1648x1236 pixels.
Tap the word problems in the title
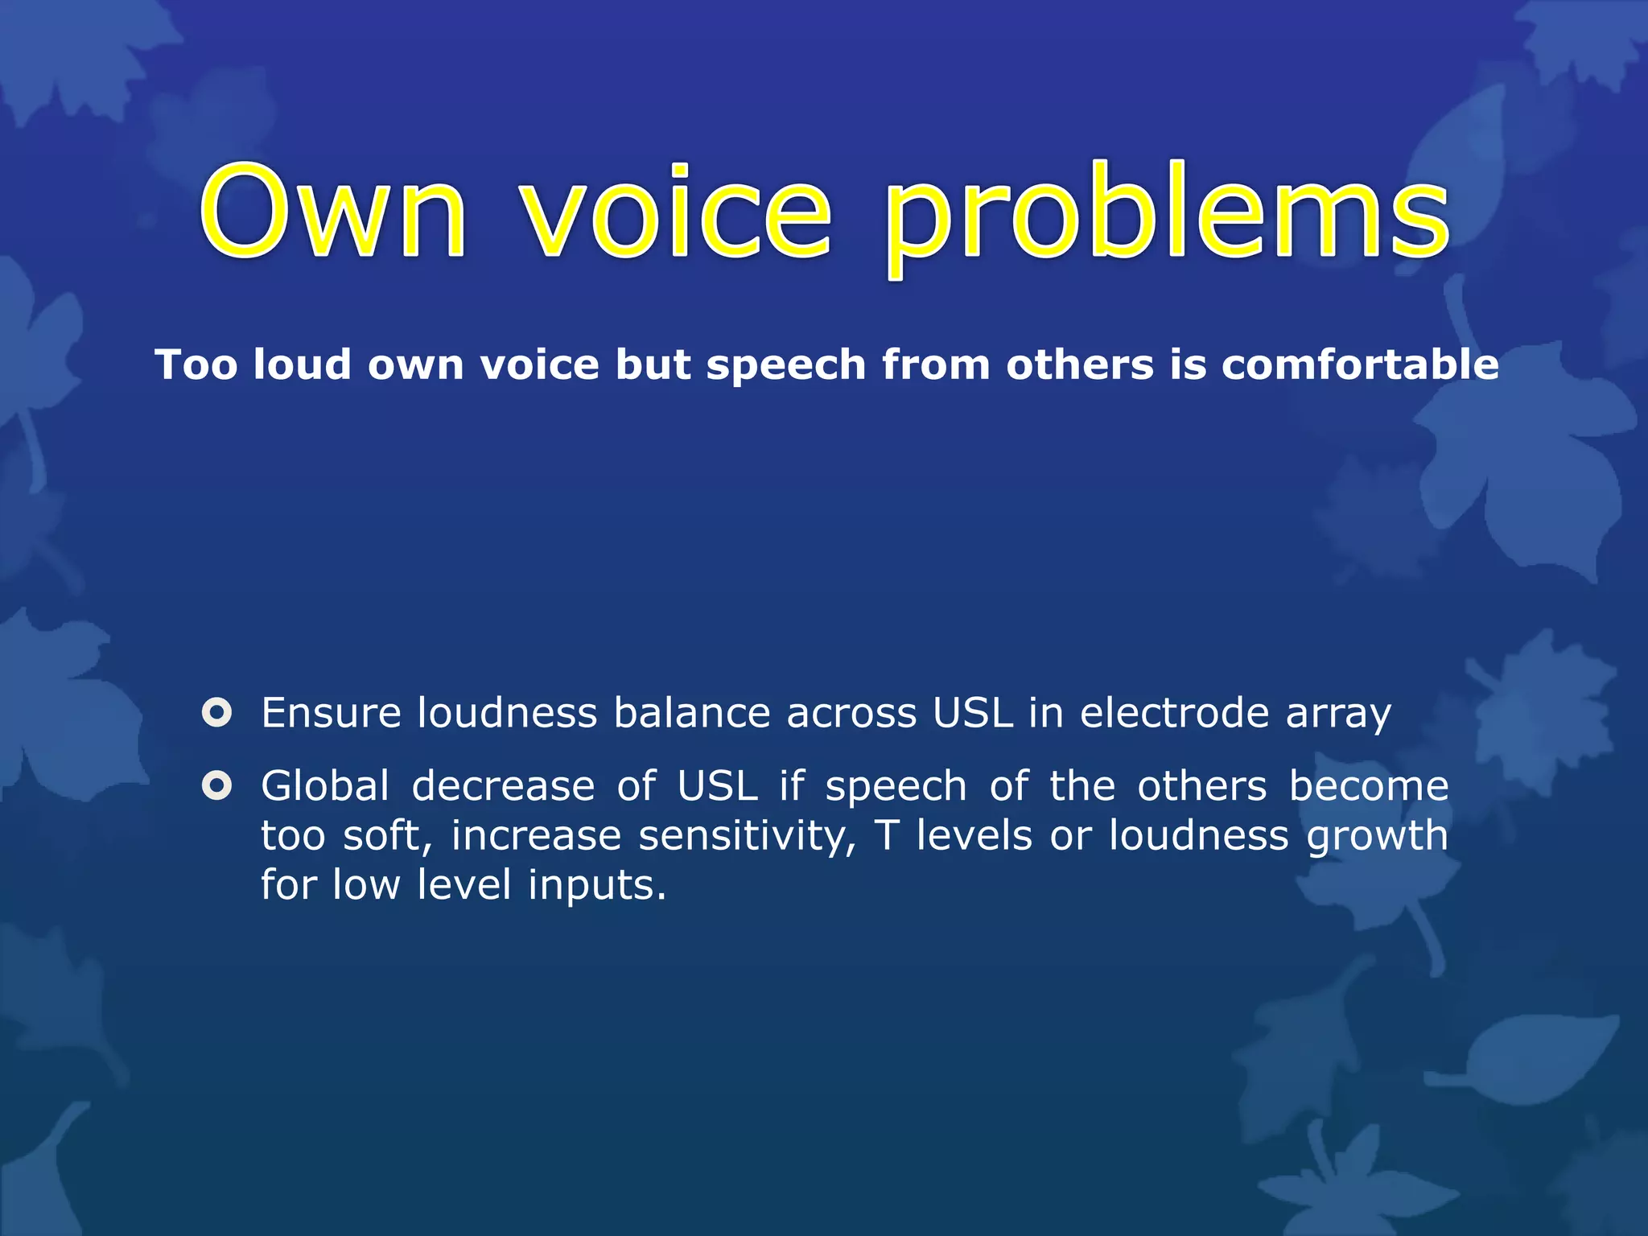click(x=1166, y=216)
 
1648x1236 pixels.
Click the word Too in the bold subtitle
click(x=196, y=365)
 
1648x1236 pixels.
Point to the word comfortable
click(x=1360, y=365)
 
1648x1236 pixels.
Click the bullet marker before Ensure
click(x=217, y=713)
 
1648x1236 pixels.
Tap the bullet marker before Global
click(x=217, y=785)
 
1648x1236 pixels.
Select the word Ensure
click(x=331, y=713)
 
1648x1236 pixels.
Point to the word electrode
click(x=1174, y=713)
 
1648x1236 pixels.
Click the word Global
click(x=325, y=785)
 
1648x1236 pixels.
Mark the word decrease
click(x=503, y=785)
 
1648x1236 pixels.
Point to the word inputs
click(x=597, y=886)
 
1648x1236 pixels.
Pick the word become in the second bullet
click(x=1369, y=785)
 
